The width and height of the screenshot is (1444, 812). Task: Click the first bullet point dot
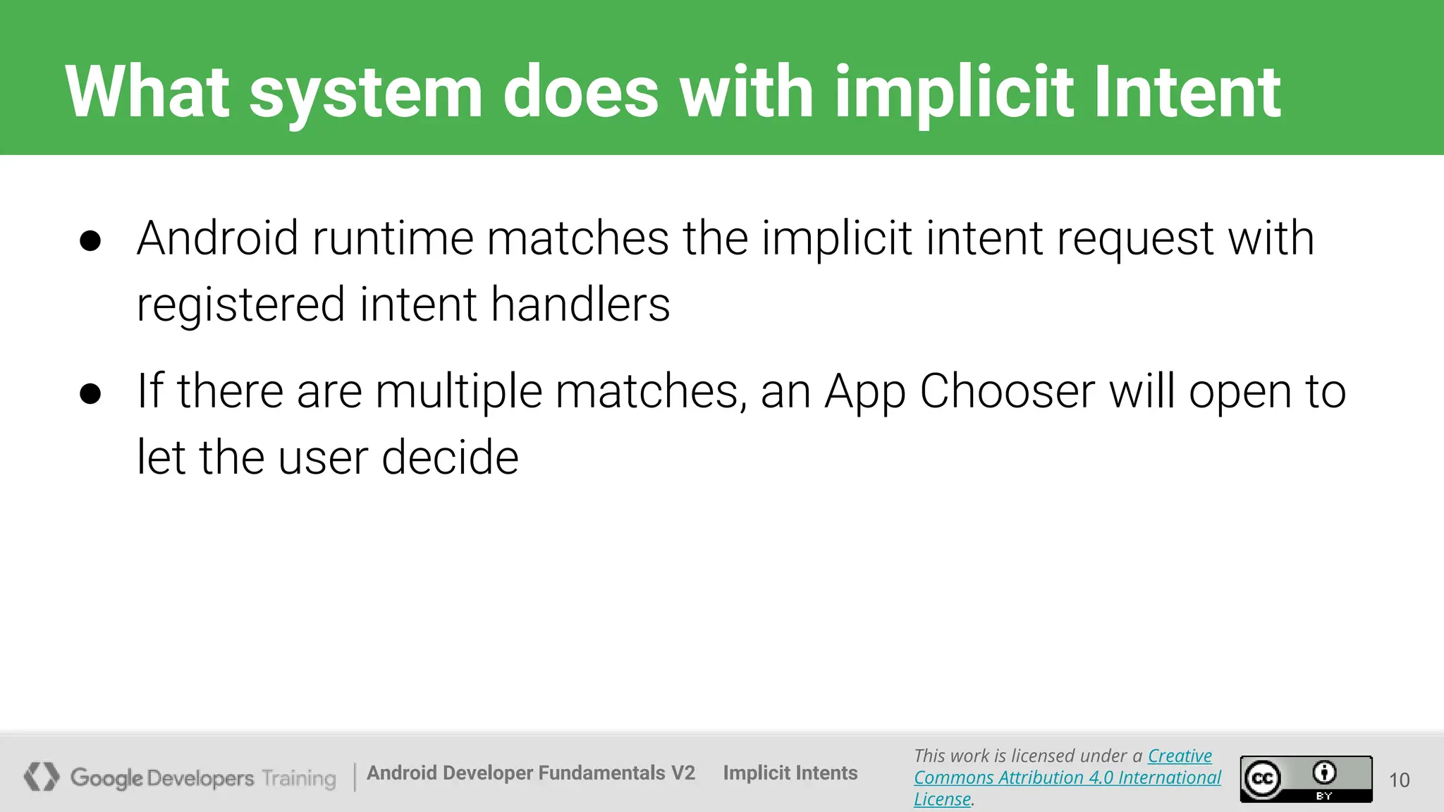pyautogui.click(x=90, y=240)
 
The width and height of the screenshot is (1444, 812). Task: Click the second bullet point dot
pyautogui.click(x=90, y=393)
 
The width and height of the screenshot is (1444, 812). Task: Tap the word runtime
pyautogui.click(x=392, y=238)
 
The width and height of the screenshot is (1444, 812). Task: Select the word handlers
pyautogui.click(x=580, y=304)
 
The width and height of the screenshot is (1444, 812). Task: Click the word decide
pyautogui.click(x=450, y=457)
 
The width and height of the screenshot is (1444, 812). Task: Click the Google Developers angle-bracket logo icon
pyautogui.click(x=42, y=777)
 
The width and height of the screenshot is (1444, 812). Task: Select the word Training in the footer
pyautogui.click(x=299, y=778)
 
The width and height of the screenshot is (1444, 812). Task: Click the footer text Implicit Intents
pyautogui.click(x=790, y=773)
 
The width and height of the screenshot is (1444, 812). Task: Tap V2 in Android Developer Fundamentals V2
pyautogui.click(x=683, y=773)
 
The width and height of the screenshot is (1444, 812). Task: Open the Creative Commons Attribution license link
pyautogui.click(x=1067, y=777)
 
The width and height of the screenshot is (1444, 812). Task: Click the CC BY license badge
pyautogui.click(x=1306, y=779)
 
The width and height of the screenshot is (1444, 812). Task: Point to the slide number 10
pyautogui.click(x=1399, y=780)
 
